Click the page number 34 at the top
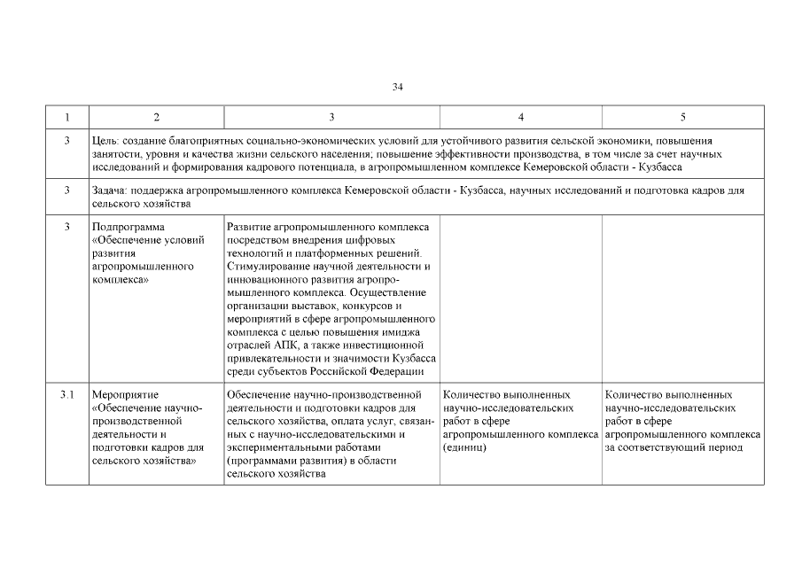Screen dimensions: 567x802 398,87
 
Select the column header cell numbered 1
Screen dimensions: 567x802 66,117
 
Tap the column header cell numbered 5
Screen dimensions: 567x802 681,117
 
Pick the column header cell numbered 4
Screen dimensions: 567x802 520,117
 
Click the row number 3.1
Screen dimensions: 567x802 66,394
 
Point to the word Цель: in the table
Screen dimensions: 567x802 105,141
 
